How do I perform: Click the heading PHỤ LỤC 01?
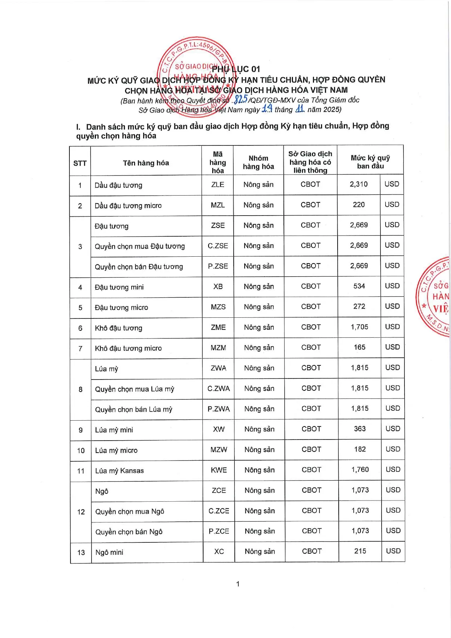pos(236,69)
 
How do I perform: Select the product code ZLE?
pos(217,185)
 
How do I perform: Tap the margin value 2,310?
pos(359,184)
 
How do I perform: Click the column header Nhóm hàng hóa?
pos(258,162)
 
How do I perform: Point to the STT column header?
pos(80,163)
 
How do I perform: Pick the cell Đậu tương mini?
pos(119,287)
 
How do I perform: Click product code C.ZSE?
pos(218,246)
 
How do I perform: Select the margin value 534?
pos(359,286)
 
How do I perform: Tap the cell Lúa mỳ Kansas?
pos(120,471)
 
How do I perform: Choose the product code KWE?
pos(219,470)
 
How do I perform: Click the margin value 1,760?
pos(360,470)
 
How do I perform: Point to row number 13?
pos(81,553)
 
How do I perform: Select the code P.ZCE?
pos(219,531)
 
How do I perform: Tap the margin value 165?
pos(359,347)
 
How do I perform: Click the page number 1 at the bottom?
pos(238,584)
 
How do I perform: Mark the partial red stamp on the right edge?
pos(435,296)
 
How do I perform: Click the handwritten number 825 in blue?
pos(241,99)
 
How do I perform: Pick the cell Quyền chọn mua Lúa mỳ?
pos(135,389)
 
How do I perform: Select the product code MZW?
pos(219,450)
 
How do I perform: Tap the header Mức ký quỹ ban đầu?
pos(370,162)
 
